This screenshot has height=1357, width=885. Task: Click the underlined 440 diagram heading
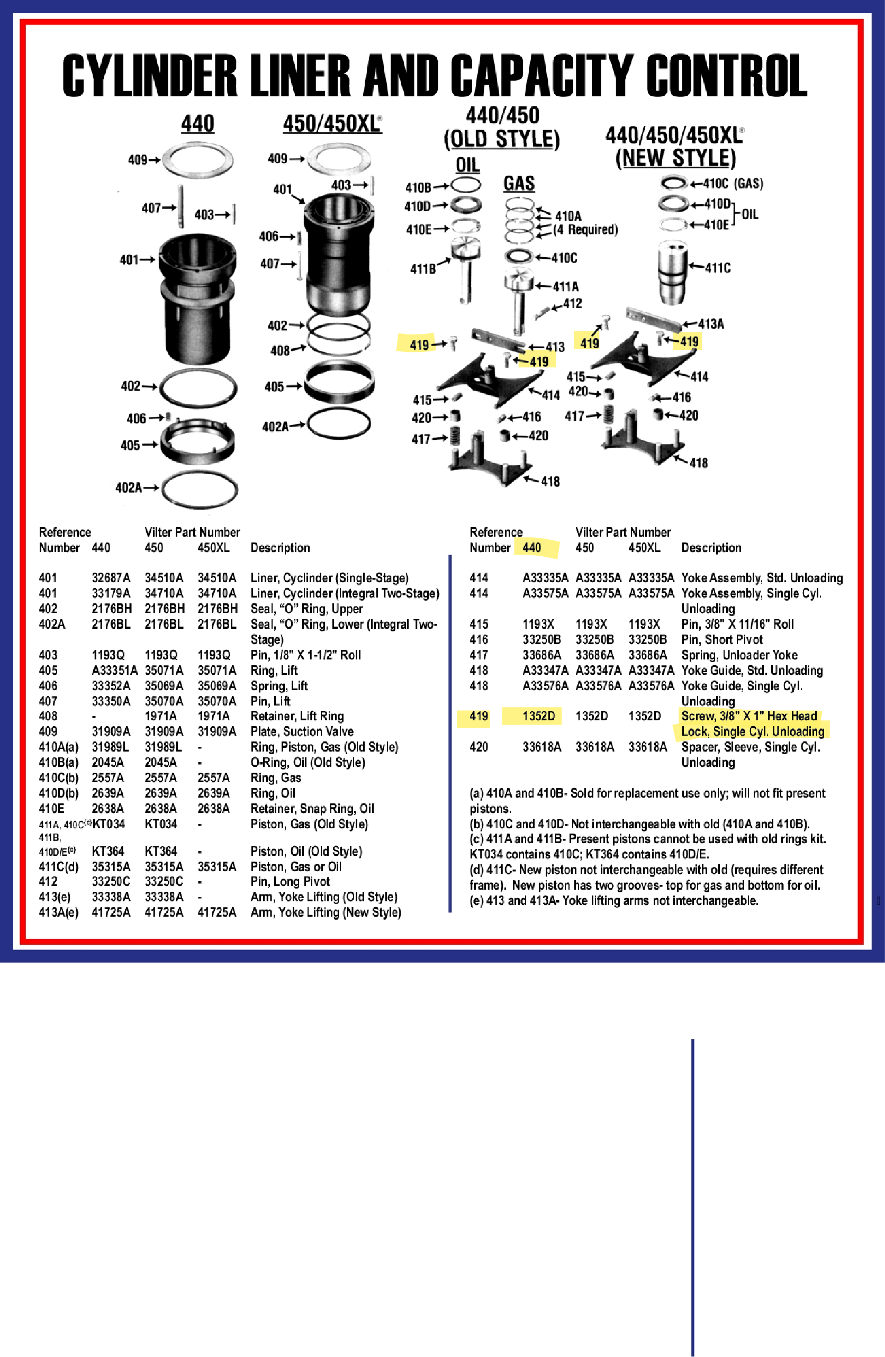[197, 124]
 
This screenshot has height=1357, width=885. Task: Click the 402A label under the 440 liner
[128, 487]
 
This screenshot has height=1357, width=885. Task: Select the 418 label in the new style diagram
[699, 463]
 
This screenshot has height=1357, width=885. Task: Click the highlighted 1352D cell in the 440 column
[538, 716]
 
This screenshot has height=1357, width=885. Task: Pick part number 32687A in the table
[111, 577]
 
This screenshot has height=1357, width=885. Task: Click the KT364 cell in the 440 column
[108, 851]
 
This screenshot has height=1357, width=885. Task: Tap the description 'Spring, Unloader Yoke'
[739, 655]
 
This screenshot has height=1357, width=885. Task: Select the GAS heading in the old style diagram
[518, 184]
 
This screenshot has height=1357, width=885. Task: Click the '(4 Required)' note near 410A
[585, 230]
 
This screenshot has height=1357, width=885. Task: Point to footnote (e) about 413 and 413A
[613, 900]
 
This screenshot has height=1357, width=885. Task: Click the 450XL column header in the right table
[644, 547]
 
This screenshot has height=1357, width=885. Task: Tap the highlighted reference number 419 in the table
[478, 716]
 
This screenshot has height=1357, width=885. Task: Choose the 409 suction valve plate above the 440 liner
[198, 160]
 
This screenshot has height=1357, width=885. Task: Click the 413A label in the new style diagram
[710, 324]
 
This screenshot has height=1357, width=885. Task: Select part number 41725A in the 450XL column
[216, 912]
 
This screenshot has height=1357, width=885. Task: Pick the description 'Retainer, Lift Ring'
[297, 716]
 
